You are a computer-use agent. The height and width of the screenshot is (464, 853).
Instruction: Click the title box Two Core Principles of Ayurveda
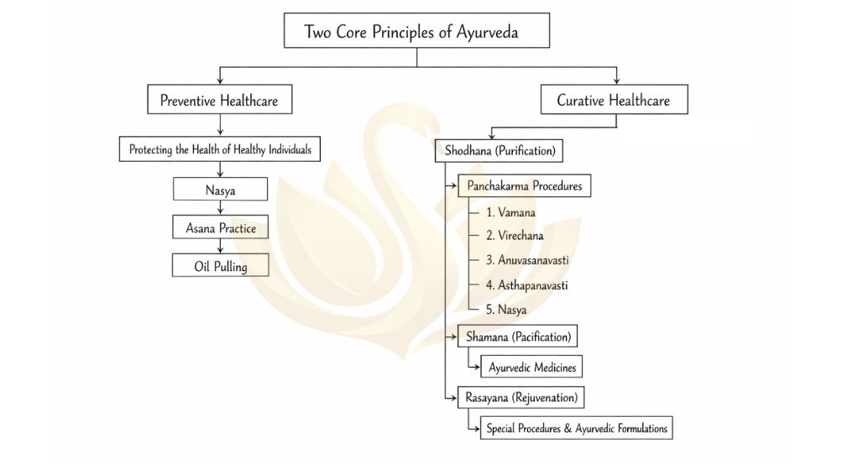pyautogui.click(x=416, y=31)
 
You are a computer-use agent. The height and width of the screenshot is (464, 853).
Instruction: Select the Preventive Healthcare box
pyautogui.click(x=219, y=101)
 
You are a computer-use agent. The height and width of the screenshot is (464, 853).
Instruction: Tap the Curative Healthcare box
pyautogui.click(x=613, y=101)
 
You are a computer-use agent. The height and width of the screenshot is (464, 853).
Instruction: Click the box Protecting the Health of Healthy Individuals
pyautogui.click(x=220, y=150)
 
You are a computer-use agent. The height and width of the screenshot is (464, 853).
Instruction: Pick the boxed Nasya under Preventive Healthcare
pyautogui.click(x=220, y=190)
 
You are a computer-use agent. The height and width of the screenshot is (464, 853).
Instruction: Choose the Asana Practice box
pyautogui.click(x=220, y=227)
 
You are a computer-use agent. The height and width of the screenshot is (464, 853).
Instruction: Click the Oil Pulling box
pyautogui.click(x=220, y=266)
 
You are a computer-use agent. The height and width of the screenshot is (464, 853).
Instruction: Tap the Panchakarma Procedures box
pyautogui.click(x=524, y=186)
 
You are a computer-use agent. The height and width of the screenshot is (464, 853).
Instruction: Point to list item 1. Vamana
pyautogui.click(x=510, y=212)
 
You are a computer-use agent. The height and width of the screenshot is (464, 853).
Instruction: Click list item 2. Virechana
pyautogui.click(x=515, y=237)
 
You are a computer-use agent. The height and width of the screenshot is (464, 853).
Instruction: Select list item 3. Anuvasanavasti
pyautogui.click(x=526, y=261)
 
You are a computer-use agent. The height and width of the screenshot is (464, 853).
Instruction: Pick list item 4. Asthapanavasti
pyautogui.click(x=526, y=285)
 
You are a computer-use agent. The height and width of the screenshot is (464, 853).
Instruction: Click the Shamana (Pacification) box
pyautogui.click(x=518, y=337)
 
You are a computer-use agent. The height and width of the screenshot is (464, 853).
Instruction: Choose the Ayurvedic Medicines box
pyautogui.click(x=531, y=367)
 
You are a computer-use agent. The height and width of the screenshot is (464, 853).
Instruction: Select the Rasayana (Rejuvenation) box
pyautogui.click(x=521, y=396)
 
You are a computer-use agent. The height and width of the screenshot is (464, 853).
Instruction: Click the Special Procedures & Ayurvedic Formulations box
pyautogui.click(x=576, y=428)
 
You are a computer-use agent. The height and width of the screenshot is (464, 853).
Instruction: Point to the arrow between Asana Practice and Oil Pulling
pyautogui.click(x=220, y=245)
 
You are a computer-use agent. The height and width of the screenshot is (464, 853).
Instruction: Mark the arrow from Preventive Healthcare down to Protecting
pyautogui.click(x=220, y=124)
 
